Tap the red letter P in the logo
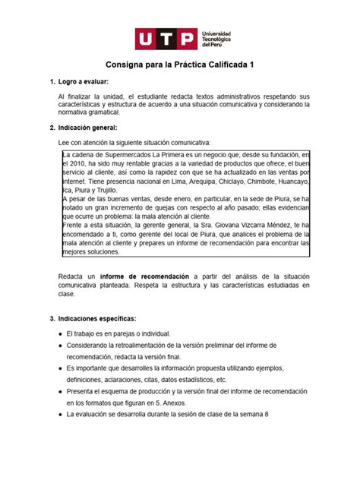click(188, 39)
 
